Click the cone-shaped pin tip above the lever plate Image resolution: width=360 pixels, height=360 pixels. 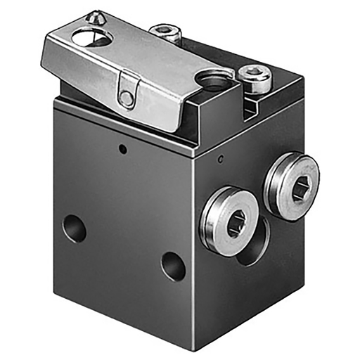coord(93,15)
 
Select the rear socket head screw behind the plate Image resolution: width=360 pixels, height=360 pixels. coord(167,32)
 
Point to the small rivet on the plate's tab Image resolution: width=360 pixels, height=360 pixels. coord(127,99)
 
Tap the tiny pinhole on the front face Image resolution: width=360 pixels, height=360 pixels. coord(122,149)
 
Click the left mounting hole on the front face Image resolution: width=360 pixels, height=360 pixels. coord(74,229)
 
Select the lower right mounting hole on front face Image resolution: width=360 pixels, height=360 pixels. coord(173,266)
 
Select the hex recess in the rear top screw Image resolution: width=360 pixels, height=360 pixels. coord(167,30)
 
